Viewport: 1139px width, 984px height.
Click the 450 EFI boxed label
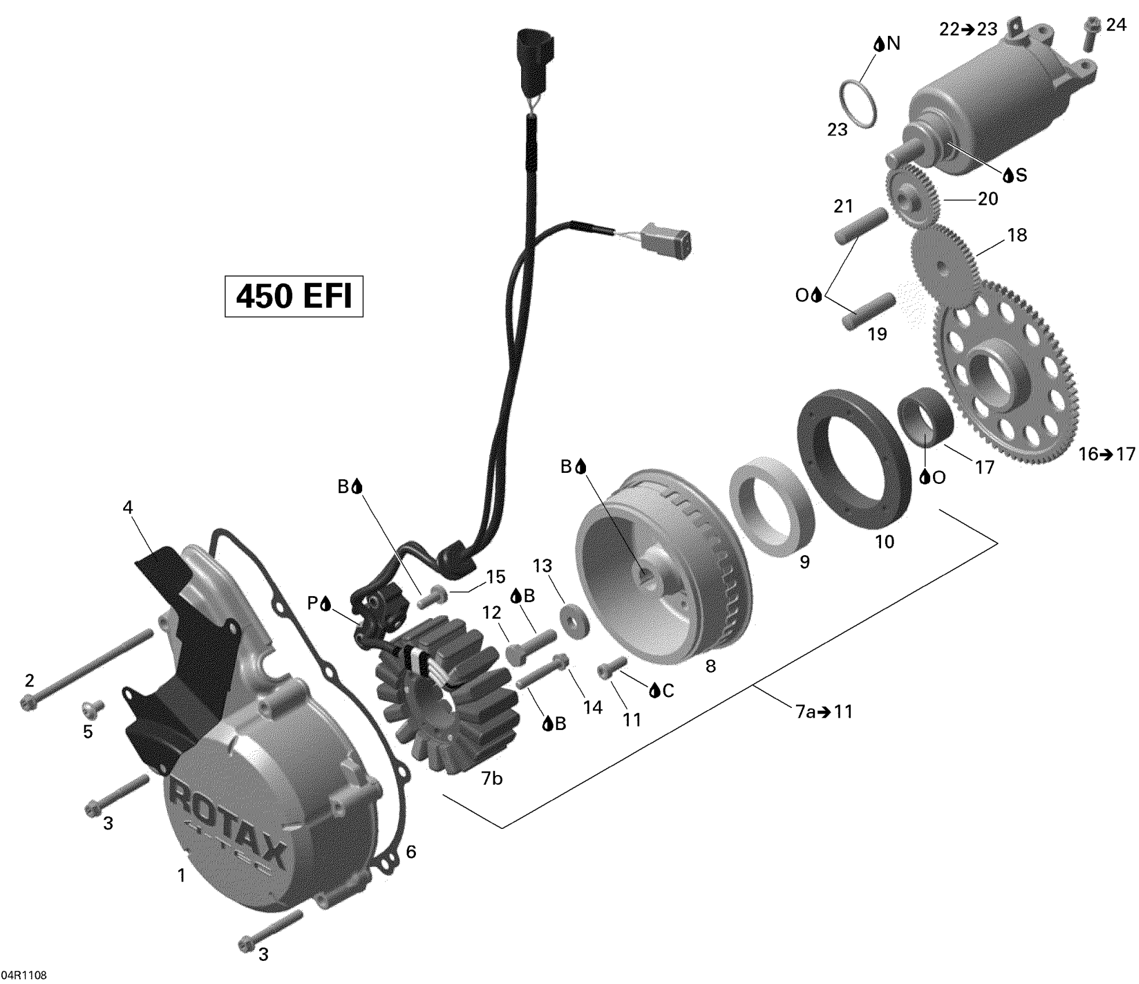point(294,296)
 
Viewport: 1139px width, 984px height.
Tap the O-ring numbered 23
point(858,104)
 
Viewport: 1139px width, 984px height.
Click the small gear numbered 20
point(913,196)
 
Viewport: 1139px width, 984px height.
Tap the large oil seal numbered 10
point(850,457)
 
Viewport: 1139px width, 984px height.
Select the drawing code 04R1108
point(24,975)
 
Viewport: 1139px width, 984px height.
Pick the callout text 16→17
point(1107,454)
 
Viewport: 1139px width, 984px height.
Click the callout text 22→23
point(968,29)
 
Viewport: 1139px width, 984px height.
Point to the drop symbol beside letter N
point(879,44)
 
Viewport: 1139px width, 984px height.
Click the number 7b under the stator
point(492,779)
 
